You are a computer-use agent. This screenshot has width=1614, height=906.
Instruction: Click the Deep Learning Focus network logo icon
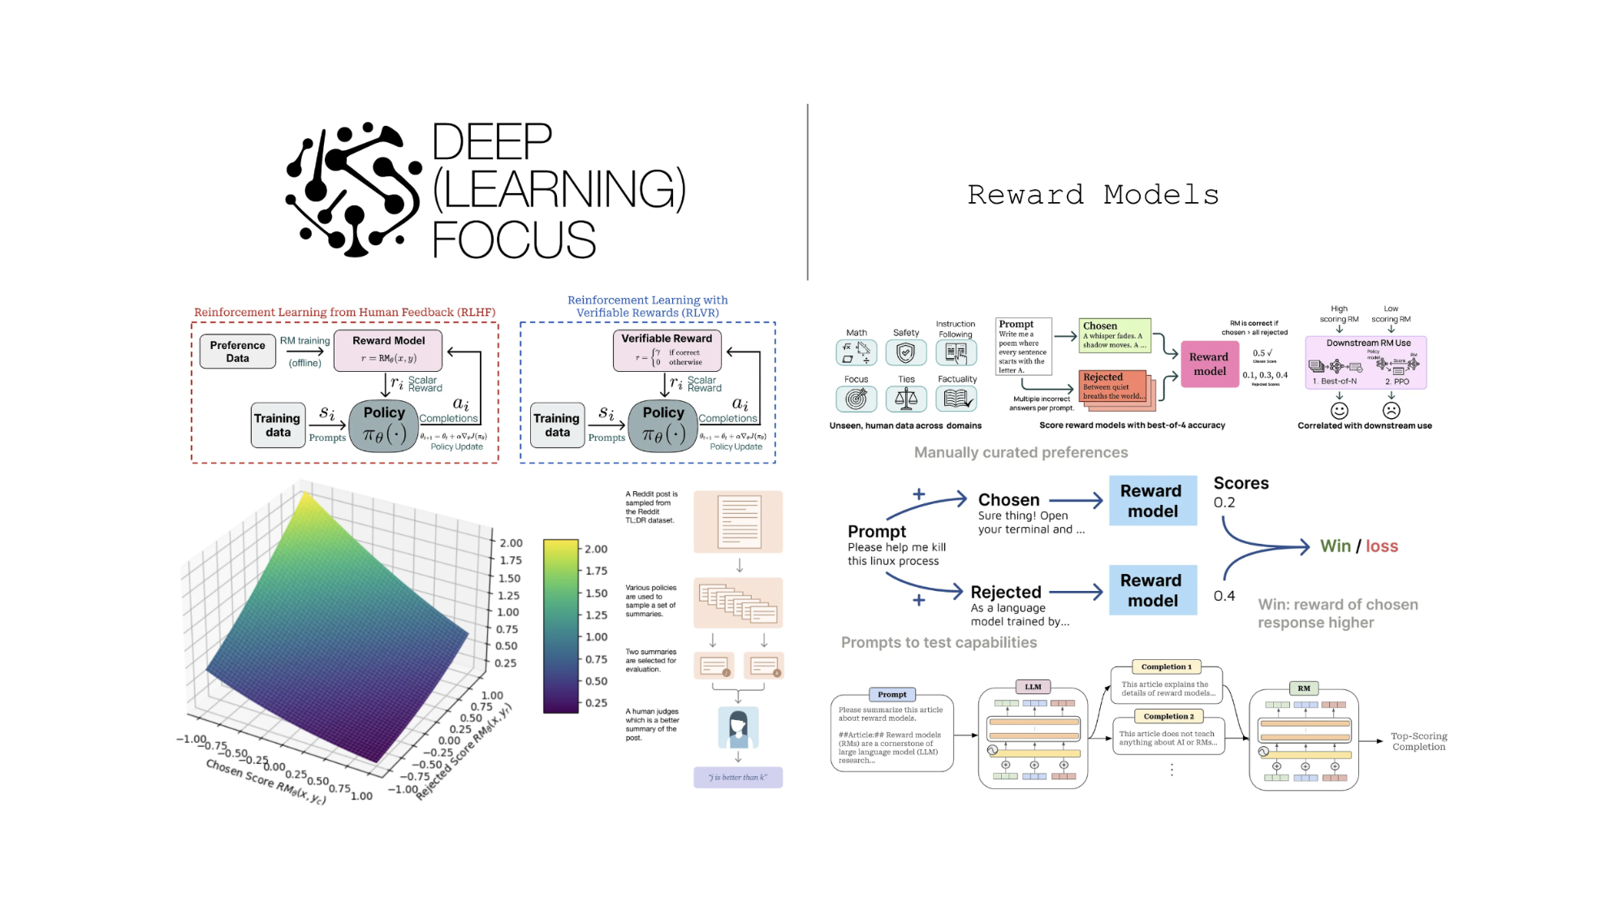coord(353,190)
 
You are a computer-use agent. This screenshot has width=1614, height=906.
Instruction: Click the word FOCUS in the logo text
coord(513,240)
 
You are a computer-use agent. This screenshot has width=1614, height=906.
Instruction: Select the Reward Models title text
coord(1093,195)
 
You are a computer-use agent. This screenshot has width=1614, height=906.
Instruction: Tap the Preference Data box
coord(237,352)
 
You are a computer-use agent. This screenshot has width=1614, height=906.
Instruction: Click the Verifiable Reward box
coord(667,350)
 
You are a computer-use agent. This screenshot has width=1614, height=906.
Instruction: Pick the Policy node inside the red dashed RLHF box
coord(384,425)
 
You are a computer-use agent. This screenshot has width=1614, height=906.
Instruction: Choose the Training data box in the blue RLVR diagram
coord(557,425)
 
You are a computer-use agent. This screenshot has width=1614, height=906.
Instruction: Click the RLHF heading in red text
coord(344,313)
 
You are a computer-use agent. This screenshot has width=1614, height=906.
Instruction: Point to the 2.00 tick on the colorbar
coord(595,550)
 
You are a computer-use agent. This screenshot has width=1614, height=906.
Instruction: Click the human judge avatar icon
coord(738,727)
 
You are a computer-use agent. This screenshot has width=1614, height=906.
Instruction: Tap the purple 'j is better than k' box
coord(738,778)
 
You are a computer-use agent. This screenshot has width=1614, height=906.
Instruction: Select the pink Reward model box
coord(1209,364)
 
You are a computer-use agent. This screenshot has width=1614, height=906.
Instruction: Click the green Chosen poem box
coord(1115,334)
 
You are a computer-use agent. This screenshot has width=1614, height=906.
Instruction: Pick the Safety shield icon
coord(906,352)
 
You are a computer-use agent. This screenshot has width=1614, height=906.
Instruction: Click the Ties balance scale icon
coord(906,399)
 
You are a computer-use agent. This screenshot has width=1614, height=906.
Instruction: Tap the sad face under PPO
coord(1391,411)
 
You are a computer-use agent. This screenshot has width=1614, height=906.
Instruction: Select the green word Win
coord(1335,546)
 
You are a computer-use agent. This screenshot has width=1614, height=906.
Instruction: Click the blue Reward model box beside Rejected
coord(1152,590)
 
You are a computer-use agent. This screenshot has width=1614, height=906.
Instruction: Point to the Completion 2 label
coord(1168,717)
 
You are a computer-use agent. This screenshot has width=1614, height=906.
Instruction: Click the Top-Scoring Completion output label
coord(1418,742)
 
